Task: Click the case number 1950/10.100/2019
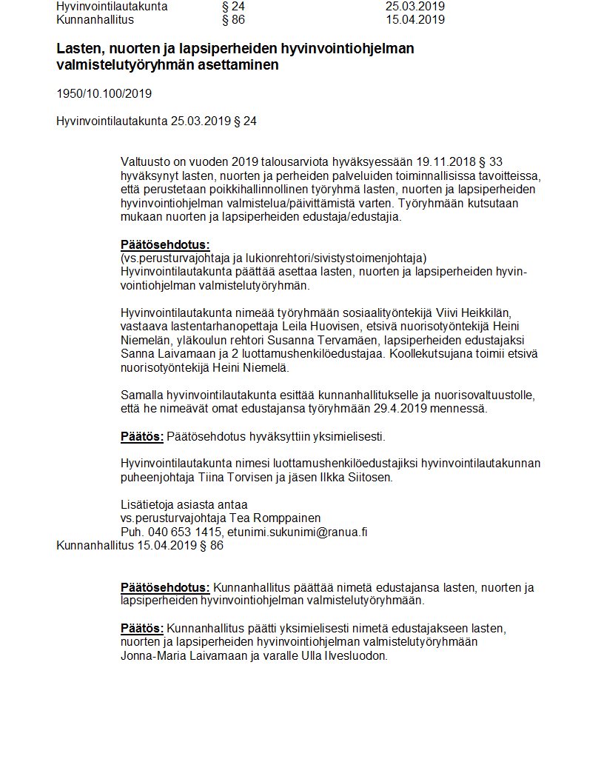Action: click(x=104, y=94)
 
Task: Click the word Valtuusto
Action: click(x=146, y=162)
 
